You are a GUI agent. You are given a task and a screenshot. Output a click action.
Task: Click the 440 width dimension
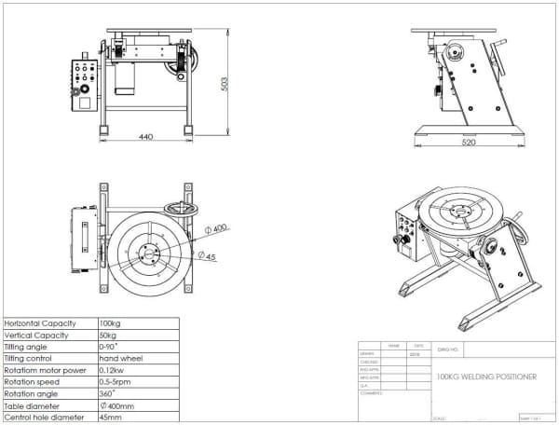pos(145,137)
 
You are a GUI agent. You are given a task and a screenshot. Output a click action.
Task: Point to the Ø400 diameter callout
pos(219,228)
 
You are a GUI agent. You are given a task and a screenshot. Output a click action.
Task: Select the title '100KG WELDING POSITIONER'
pos(485,376)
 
